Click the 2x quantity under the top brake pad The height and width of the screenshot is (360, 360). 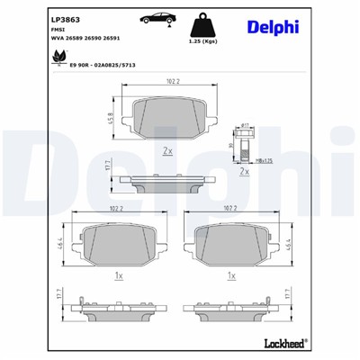click(167, 152)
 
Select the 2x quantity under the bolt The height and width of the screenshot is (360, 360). click(244, 170)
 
